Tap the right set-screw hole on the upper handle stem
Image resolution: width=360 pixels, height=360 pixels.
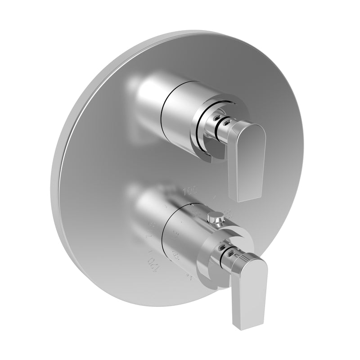point(225,121)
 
